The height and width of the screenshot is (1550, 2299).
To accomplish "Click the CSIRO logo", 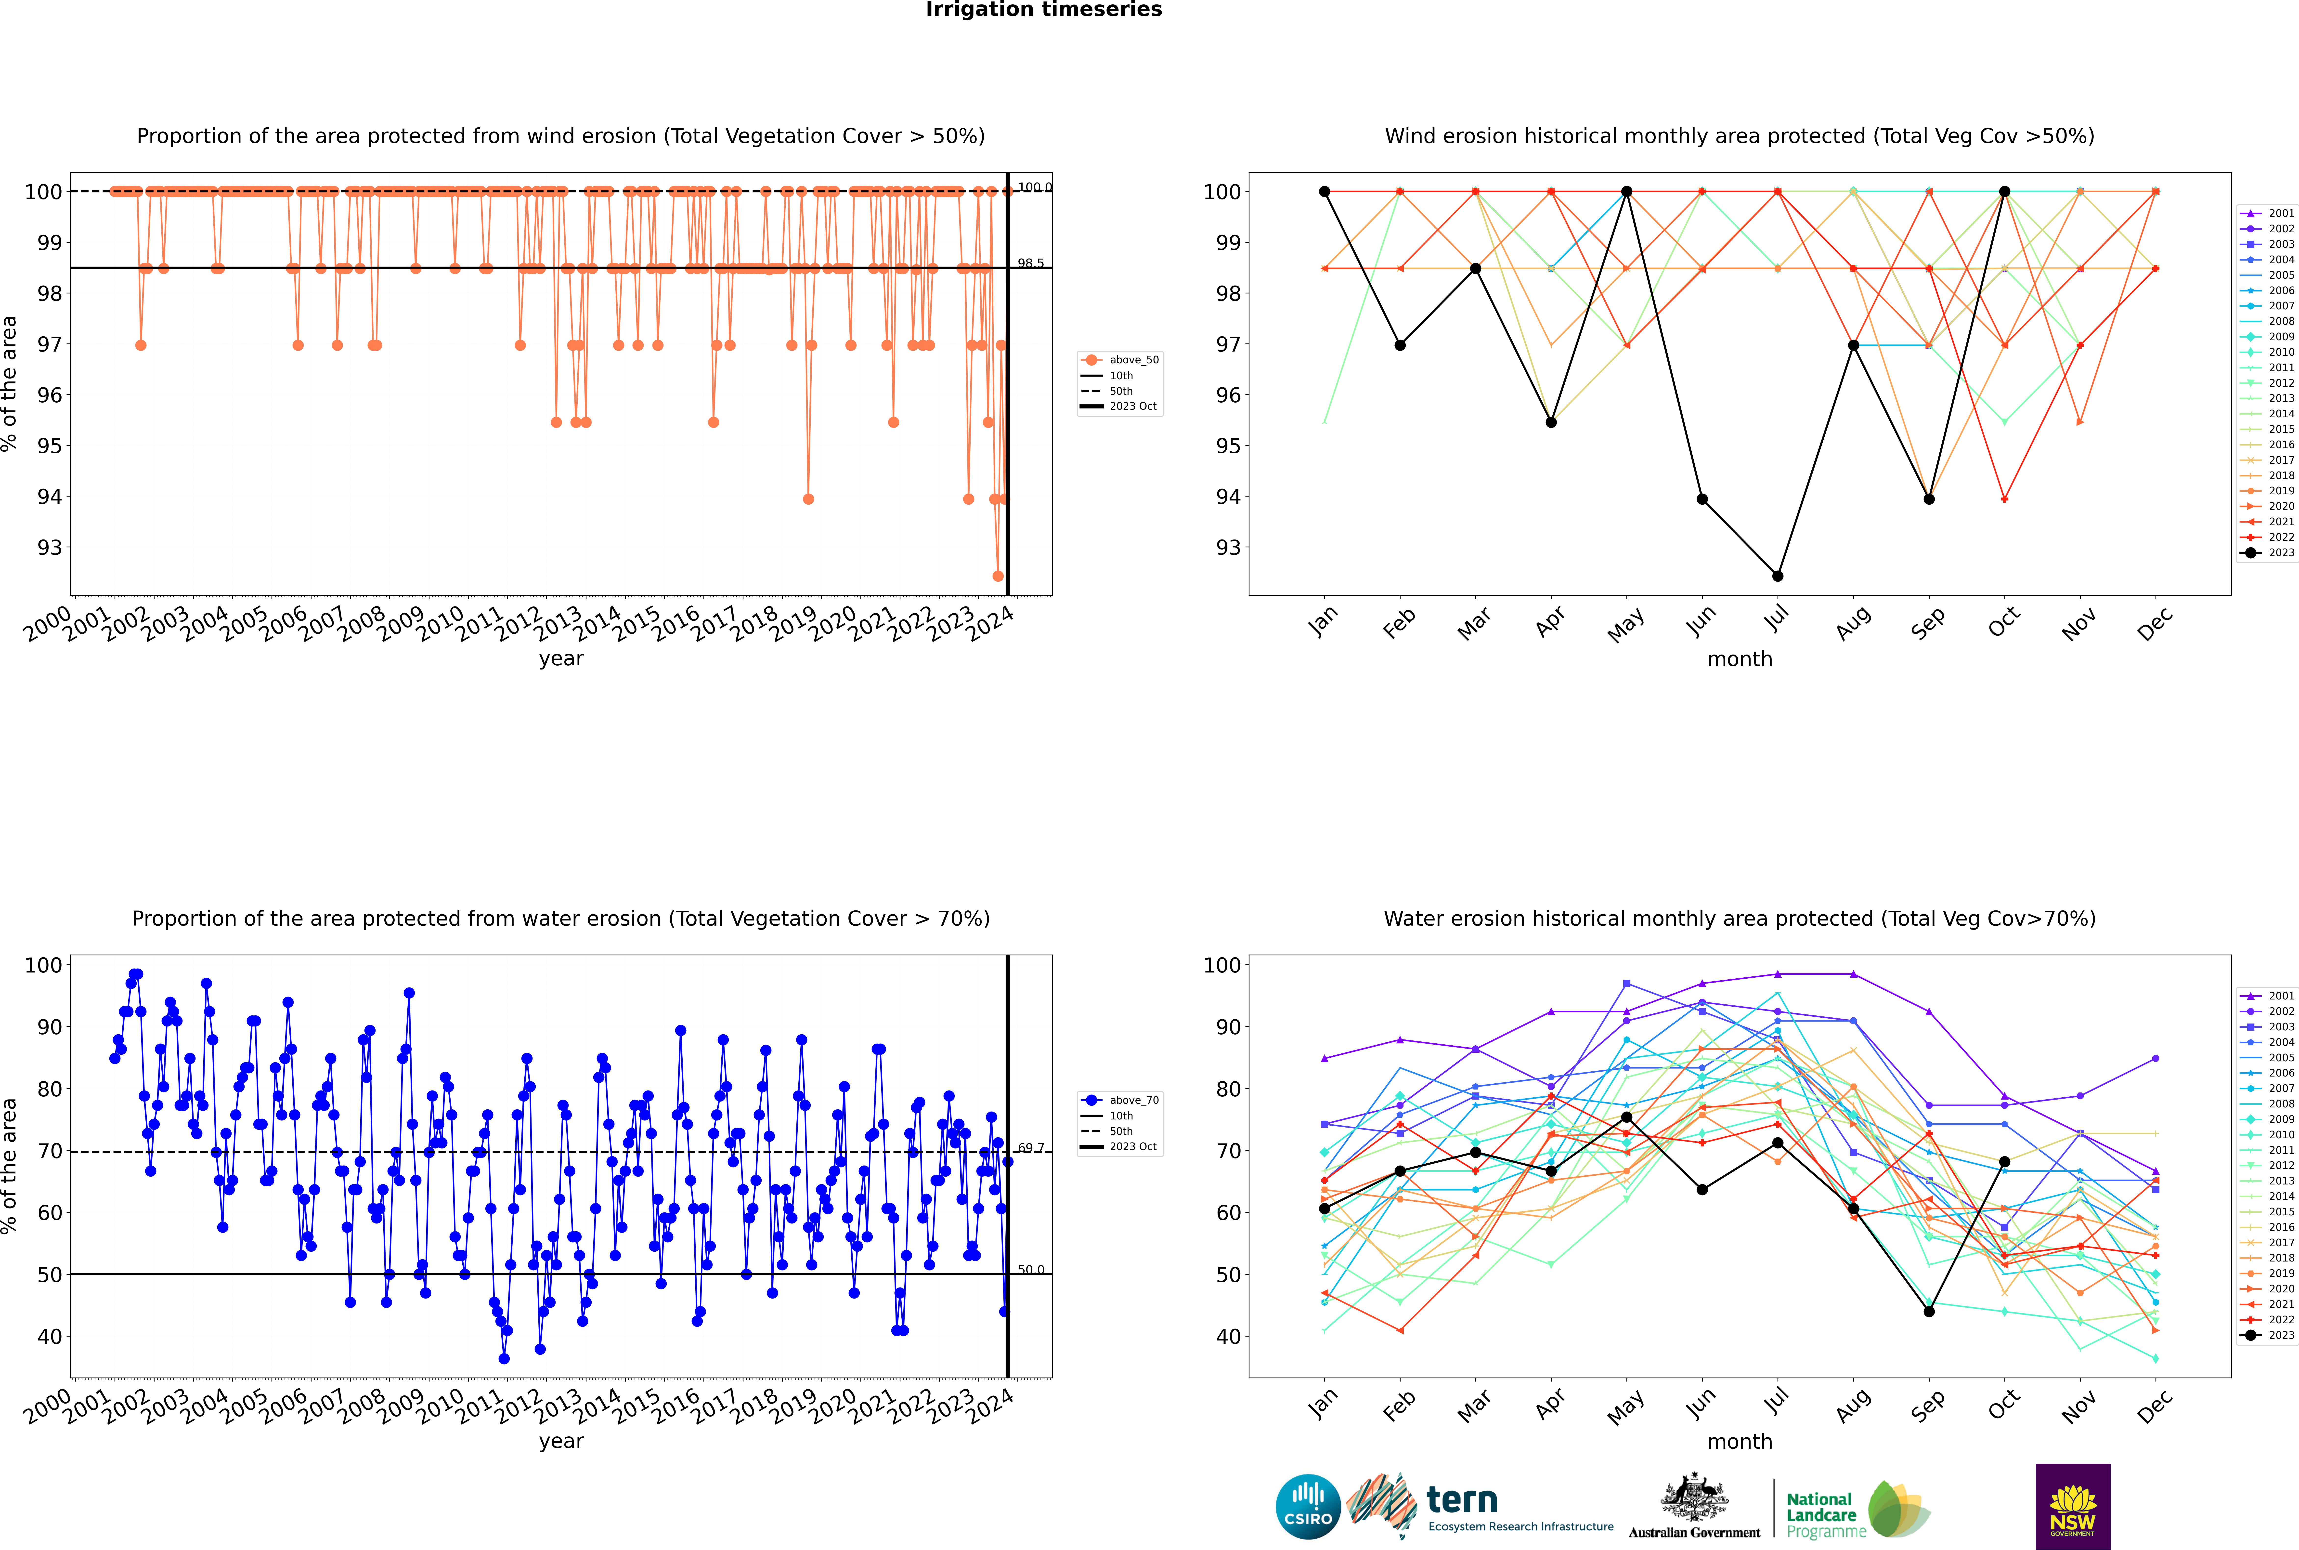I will (1308, 1507).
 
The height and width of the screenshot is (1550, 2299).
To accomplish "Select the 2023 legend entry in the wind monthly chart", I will (2269, 552).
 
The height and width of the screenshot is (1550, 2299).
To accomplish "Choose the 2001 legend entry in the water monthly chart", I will (2269, 996).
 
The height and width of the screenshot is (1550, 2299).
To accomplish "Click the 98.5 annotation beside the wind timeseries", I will (1031, 263).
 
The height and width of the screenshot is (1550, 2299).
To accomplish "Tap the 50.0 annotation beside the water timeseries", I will (1031, 1270).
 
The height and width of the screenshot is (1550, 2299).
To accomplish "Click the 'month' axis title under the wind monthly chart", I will (1740, 659).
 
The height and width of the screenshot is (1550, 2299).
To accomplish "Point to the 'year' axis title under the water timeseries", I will (561, 1441).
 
